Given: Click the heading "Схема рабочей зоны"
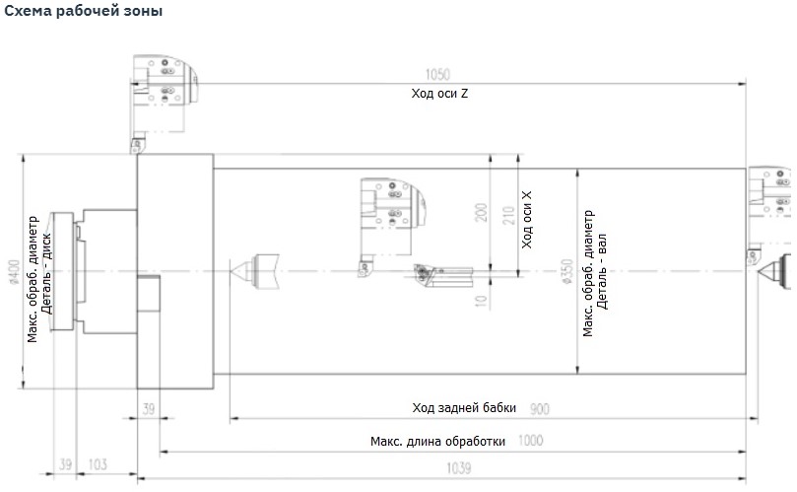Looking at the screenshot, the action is point(84,11).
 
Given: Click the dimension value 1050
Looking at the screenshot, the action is point(437,75).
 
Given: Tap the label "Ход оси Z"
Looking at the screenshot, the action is point(439,93).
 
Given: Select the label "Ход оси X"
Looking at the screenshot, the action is point(527,220).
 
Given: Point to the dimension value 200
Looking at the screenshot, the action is point(481,212).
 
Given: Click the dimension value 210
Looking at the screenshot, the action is point(508,216).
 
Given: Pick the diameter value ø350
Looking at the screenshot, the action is point(566,271).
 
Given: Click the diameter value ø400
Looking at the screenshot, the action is point(14,273).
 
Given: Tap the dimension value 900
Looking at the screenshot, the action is point(539,408).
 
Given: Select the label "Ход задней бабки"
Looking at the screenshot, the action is point(464,407).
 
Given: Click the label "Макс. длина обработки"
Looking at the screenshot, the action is point(437,441).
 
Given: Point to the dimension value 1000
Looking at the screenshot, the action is point(531,441).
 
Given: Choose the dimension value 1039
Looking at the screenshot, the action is point(458,467).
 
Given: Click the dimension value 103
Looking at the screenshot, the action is point(98,464).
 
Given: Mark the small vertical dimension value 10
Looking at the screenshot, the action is point(481,301).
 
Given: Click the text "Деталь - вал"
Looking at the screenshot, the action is point(602,272).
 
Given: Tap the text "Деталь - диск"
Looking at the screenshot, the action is point(46,274).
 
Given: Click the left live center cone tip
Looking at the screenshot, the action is point(231,271).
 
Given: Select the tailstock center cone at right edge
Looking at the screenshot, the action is point(774,272).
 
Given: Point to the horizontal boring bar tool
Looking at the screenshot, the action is point(443,275).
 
